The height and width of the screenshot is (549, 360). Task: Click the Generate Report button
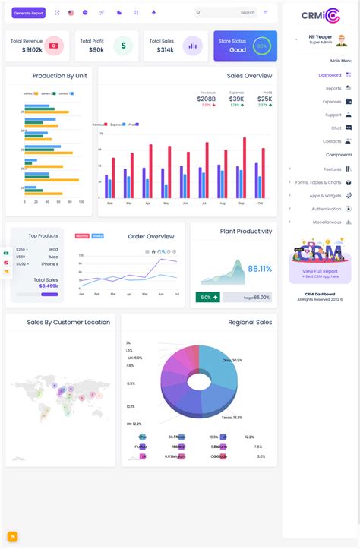point(29,13)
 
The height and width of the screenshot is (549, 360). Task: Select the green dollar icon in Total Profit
point(123,46)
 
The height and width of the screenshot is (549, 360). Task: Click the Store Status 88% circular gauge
point(262,46)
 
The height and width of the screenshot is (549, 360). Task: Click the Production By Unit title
point(59,76)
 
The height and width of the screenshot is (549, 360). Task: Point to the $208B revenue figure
point(207,99)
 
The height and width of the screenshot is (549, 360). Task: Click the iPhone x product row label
point(49,263)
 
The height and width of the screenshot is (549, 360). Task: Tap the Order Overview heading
point(151,236)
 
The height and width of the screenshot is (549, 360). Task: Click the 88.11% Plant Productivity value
point(260,269)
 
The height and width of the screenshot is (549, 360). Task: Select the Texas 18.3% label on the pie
point(232,418)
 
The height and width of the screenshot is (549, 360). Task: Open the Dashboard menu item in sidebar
point(330,75)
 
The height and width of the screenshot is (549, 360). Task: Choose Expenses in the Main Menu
point(332,101)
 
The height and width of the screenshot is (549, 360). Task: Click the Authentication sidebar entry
point(327,208)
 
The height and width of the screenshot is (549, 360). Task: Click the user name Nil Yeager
point(321,36)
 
